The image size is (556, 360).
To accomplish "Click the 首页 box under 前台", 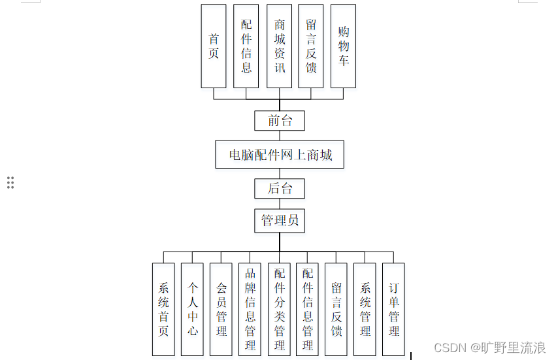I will [x=214, y=46].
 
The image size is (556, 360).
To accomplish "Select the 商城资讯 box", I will [x=279, y=46].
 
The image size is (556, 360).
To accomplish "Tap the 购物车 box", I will [x=343, y=46].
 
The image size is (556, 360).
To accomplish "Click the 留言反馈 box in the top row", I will [x=311, y=46].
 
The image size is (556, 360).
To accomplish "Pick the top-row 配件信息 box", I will [x=246, y=46].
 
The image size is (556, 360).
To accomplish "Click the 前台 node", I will [x=280, y=121].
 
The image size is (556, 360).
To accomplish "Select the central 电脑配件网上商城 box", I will [x=280, y=155].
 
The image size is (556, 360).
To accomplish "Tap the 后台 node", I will [x=280, y=189].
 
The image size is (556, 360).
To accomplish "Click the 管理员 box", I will [x=280, y=221].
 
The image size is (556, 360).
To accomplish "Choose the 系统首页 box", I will [x=163, y=309].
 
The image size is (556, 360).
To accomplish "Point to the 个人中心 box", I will [x=192, y=309].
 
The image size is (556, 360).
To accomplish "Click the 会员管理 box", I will [x=221, y=309].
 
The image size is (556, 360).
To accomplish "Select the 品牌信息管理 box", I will [x=250, y=309].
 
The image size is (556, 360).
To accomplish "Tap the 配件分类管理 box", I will [x=279, y=309].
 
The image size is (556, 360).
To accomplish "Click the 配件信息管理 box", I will [x=307, y=309].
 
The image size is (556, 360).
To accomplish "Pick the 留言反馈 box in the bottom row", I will [x=336, y=309].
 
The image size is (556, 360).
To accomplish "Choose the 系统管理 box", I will [x=365, y=309].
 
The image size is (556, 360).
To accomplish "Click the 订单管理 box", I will [x=393, y=309].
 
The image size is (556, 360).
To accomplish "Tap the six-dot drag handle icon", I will [x=10, y=182].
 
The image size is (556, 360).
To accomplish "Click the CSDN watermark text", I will [x=489, y=348].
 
